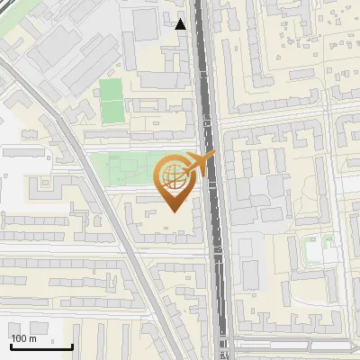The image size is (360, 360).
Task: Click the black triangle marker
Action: pyautogui.click(x=181, y=23)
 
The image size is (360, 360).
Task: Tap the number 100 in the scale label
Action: pyautogui.click(x=18, y=338)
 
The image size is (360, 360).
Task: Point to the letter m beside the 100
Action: pyautogui.click(x=32, y=338)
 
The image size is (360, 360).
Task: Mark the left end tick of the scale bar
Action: pyautogui.click(x=11, y=346)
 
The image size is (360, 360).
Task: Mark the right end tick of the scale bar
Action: pyautogui.click(x=72, y=346)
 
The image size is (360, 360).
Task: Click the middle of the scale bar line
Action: pyautogui.click(x=41, y=347)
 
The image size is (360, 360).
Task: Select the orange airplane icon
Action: pyautogui.click(x=198, y=163)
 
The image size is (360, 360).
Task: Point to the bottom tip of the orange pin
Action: pyautogui.click(x=171, y=211)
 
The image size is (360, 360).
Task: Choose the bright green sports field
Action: pyautogui.click(x=111, y=100)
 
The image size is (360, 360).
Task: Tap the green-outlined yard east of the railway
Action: pyautogui.click(x=317, y=249)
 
